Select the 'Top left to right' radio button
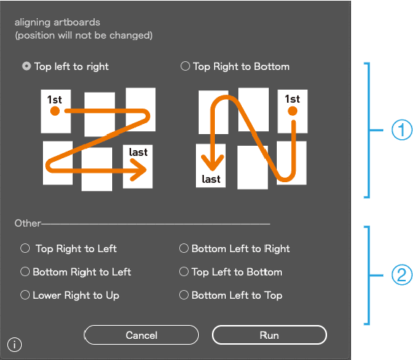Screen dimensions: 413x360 coord(26,66)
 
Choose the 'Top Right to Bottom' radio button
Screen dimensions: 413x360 coord(185,66)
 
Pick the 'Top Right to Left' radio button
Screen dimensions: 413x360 coord(25,249)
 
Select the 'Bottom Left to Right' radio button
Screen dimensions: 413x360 coord(184,249)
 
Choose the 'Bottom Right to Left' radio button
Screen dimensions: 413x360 coord(25,271)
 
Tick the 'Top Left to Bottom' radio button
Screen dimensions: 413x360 coord(184,271)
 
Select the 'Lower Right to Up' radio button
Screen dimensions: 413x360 coord(25,295)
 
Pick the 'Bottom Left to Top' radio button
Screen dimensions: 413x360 coord(184,295)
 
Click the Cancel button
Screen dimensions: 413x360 coord(141,335)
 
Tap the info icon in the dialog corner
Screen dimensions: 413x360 coord(15,345)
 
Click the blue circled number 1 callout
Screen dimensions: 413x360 coord(401,130)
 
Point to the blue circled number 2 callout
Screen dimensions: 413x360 coord(401,275)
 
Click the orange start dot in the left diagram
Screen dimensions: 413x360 coord(55,111)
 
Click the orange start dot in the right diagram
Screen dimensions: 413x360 coord(292,111)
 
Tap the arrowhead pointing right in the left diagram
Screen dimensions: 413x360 coord(139,170)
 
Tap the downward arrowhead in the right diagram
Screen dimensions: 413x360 coord(212,163)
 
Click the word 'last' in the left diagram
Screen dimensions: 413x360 coord(138,152)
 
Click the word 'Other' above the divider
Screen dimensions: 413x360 coord(28,223)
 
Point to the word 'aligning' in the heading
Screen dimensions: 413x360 coord(32,23)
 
